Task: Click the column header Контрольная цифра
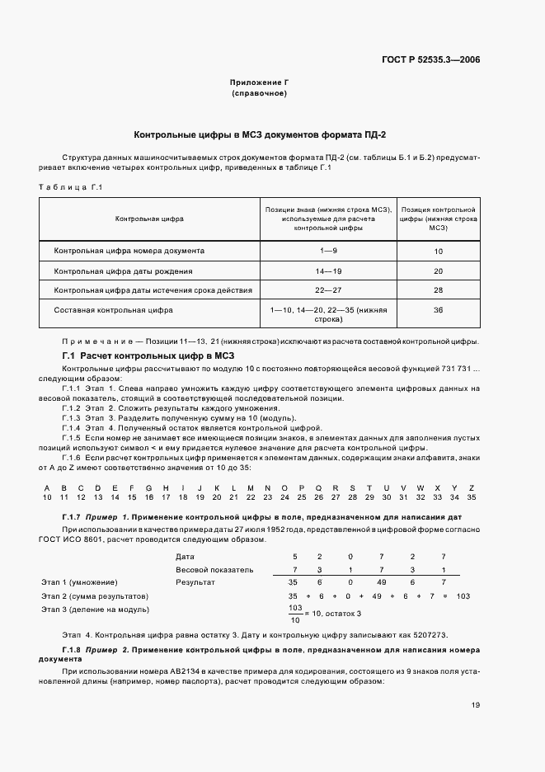point(149,219)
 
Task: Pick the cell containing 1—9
point(328,250)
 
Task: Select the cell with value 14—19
point(328,271)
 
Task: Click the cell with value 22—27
point(328,290)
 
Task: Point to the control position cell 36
point(438,310)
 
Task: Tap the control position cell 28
point(438,290)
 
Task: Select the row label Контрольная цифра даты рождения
point(124,271)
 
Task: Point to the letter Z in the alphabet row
point(471,487)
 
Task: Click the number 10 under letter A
point(47,497)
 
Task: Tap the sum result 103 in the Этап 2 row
point(462,595)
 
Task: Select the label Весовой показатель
point(214,569)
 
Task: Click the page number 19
point(476,704)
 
